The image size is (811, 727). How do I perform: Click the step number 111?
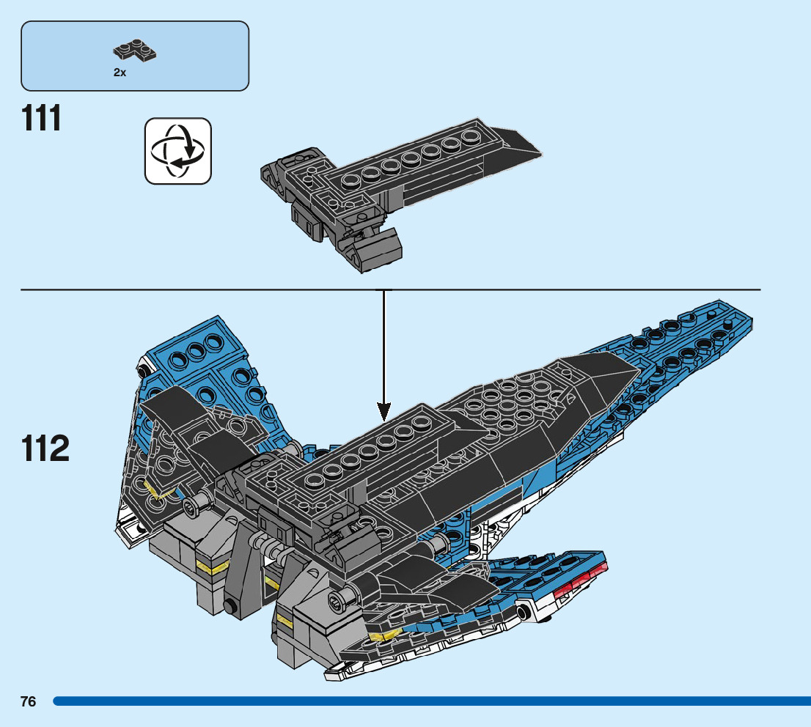coord(42,119)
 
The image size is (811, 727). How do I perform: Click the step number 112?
coord(45,449)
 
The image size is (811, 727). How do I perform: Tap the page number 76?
coord(29,701)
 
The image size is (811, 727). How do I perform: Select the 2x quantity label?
coord(120,73)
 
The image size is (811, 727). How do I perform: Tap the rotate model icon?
coord(178,150)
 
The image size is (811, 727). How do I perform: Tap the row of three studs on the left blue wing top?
coord(197,349)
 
